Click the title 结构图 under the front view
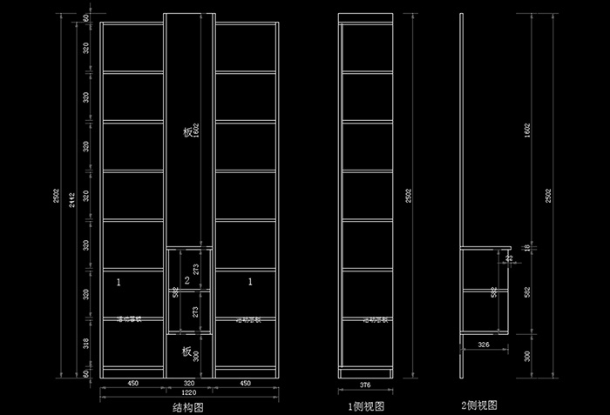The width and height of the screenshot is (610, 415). (189, 405)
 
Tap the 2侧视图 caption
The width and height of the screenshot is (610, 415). (478, 405)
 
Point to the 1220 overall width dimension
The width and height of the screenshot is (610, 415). (189, 392)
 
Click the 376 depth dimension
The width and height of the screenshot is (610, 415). (366, 383)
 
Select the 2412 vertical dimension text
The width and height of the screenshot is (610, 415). (72, 199)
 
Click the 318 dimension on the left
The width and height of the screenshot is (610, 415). (85, 343)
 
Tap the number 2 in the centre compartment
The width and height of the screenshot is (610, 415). (186, 279)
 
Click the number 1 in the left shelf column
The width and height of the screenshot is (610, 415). (119, 282)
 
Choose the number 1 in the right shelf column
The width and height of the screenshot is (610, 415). (251, 282)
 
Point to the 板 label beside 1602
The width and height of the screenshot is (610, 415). (187, 132)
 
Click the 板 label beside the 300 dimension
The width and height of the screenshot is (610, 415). (186, 351)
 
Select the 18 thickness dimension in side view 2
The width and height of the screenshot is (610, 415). (525, 249)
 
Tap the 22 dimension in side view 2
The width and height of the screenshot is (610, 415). (509, 258)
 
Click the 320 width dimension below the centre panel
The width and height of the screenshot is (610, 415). (189, 383)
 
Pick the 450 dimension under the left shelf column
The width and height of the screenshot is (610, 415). (133, 383)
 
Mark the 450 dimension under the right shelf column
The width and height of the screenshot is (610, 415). (246, 383)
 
